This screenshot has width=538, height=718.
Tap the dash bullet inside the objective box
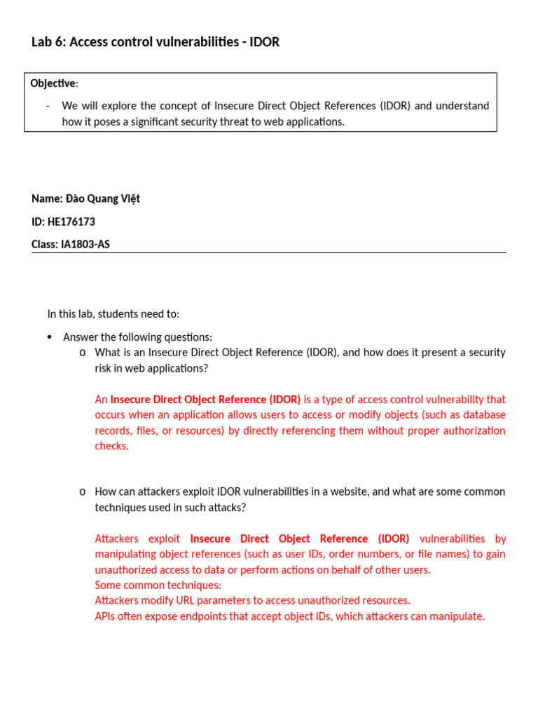pos(48,106)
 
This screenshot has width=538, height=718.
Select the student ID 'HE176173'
pos(71,222)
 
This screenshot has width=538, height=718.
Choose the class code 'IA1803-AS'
pos(86,245)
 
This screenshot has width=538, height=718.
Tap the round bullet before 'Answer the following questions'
pos(49,337)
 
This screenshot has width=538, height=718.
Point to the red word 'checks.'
pos(111,446)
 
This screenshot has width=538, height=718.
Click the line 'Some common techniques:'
pos(158,585)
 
